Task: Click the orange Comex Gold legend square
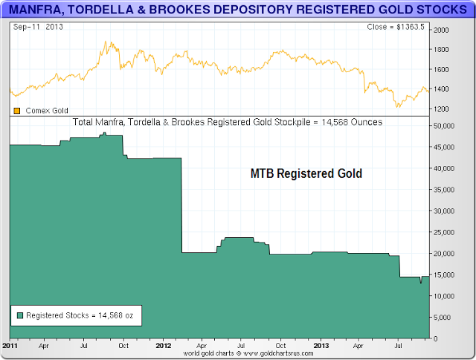coord(17,110)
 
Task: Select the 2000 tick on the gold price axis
coord(441,30)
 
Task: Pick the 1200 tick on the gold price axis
coord(441,109)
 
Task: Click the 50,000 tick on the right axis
coord(443,126)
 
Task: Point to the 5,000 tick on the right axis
coord(442,318)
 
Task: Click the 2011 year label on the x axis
coord(11,346)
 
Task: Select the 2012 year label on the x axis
coord(164,346)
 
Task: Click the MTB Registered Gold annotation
coord(306,174)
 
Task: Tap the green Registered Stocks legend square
coord(19,315)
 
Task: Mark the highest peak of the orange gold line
coord(106,42)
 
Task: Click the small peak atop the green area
coord(105,133)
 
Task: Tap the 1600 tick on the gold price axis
coord(441,69)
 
